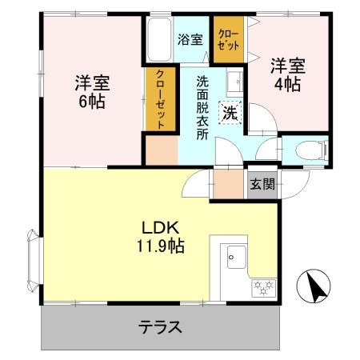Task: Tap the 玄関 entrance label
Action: pos(262,184)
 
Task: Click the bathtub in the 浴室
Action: pos(157,39)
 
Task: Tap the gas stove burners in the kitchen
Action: pos(263,286)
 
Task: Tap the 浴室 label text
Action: pos(190,38)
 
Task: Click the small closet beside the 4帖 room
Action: pos(229,38)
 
